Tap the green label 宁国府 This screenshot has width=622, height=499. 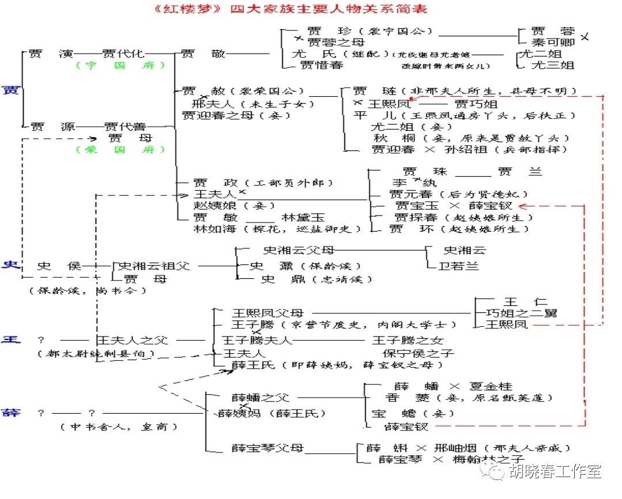[x=120, y=66]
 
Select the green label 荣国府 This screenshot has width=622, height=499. [x=120, y=150]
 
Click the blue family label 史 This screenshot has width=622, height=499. [x=10, y=265]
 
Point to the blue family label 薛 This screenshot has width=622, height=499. [x=10, y=413]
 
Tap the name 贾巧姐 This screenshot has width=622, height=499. [x=476, y=104]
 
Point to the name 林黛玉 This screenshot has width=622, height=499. [x=304, y=217]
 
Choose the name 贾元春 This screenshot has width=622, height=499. [x=412, y=194]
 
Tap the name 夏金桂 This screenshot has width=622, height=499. [x=490, y=385]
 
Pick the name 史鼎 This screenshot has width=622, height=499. [x=278, y=279]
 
